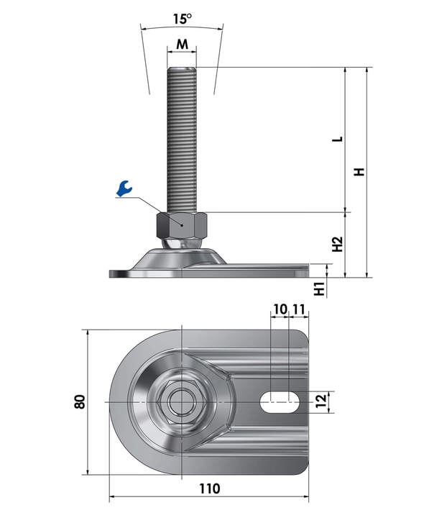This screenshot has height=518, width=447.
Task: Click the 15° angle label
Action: click(x=183, y=19)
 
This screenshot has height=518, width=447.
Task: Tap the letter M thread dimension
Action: click(x=182, y=44)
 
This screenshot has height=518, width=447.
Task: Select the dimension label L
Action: click(x=338, y=139)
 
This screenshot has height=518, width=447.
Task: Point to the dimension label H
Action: click(x=359, y=172)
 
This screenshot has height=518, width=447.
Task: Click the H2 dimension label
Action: click(x=338, y=244)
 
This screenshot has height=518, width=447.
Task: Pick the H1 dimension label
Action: click(x=320, y=288)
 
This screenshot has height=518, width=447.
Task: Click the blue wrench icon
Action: click(x=124, y=188)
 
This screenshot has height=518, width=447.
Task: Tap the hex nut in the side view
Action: click(x=182, y=225)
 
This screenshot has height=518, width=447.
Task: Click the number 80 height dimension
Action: click(x=80, y=401)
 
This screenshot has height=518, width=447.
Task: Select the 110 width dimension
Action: click(x=209, y=489)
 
